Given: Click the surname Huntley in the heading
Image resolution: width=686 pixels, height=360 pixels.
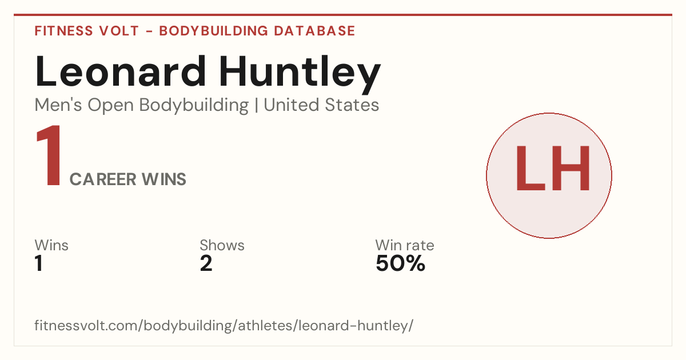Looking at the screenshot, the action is click(300, 75).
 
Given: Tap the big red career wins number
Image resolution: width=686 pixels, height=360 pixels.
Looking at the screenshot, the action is click(49, 155).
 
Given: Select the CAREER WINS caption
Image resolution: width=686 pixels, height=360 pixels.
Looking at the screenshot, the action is click(128, 179).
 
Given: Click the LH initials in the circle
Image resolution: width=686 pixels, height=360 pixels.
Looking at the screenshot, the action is click(553, 168).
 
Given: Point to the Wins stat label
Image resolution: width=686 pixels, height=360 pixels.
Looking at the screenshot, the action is click(51, 245).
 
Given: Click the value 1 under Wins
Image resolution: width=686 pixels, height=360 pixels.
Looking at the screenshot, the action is click(39, 263).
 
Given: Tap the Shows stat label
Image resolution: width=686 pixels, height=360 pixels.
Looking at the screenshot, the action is click(222, 245).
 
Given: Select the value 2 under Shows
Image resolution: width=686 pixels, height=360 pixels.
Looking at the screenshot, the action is click(206, 263).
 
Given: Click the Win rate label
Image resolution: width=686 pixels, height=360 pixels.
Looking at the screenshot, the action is click(405, 245).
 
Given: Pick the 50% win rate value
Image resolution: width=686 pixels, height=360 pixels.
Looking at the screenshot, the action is click(401, 263).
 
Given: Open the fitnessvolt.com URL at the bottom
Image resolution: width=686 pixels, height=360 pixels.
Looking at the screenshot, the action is click(224, 325).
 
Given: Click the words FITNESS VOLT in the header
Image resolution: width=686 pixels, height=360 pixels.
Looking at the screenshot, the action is click(87, 31).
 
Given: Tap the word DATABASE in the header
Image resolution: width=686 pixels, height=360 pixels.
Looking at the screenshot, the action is click(314, 31).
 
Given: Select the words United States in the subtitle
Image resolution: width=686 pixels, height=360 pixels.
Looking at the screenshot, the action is click(321, 105).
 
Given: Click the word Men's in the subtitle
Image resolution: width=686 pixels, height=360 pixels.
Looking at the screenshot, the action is click(58, 105).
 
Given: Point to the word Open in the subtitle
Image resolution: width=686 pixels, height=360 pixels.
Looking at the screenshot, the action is click(111, 106).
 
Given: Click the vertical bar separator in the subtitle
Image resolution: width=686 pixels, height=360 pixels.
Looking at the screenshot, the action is click(256, 105).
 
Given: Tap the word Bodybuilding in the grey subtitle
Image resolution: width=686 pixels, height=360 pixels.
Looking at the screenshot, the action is click(194, 106).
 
